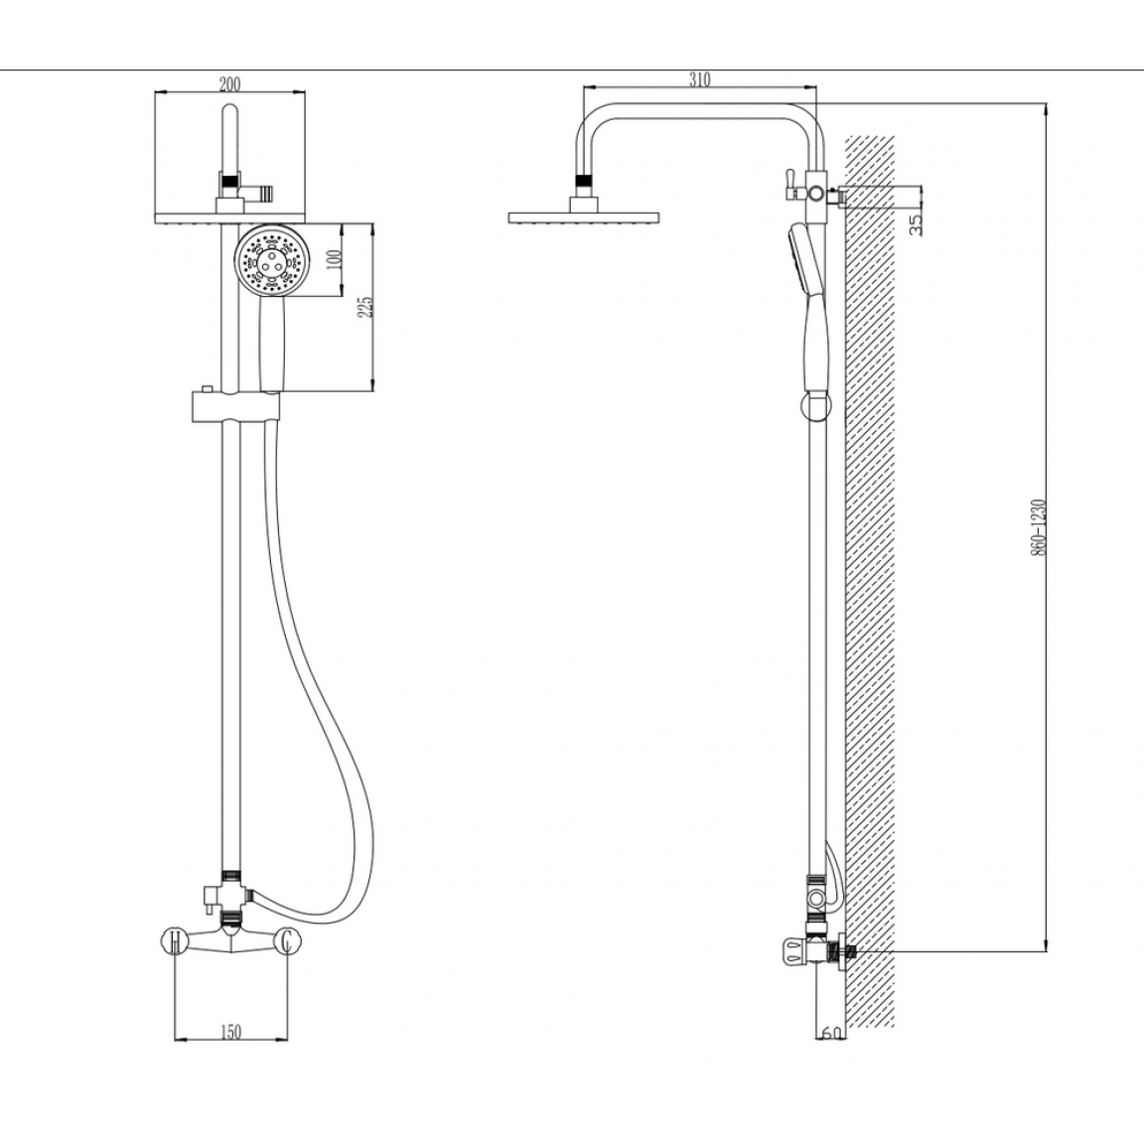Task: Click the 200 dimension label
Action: [229, 83]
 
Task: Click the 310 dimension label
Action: [700, 79]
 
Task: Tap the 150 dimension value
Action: [229, 1032]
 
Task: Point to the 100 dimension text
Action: [335, 260]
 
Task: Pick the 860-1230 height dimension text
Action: [1039, 527]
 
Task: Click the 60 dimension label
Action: [831, 1033]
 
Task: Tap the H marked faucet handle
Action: [175, 940]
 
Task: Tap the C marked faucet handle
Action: [287, 940]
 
